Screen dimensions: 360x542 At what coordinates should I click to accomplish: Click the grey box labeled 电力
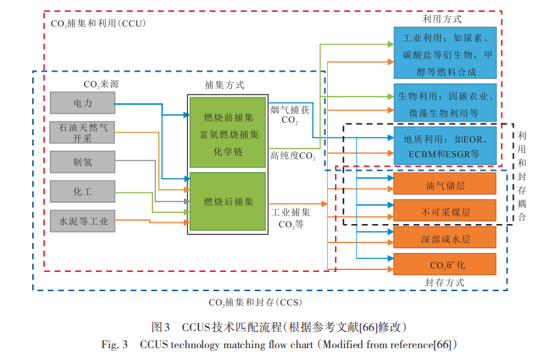[x=82, y=103]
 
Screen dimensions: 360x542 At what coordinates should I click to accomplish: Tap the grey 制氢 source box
[x=82, y=162]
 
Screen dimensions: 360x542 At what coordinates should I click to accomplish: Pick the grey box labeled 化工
[x=82, y=192]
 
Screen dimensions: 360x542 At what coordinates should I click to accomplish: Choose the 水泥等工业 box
[x=82, y=221]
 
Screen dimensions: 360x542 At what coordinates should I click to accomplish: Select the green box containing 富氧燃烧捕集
[x=228, y=132]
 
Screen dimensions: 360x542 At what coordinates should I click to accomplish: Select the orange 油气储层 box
[x=445, y=185]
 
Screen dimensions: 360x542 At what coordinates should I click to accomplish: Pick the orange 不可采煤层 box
[x=445, y=212]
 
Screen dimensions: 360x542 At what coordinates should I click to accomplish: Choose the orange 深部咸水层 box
[x=445, y=238]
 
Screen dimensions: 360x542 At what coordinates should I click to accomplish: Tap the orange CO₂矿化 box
[x=445, y=264]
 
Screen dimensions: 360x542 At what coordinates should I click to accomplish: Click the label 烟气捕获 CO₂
[x=290, y=115]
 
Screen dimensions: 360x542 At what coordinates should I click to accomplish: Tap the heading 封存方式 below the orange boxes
[x=444, y=282]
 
